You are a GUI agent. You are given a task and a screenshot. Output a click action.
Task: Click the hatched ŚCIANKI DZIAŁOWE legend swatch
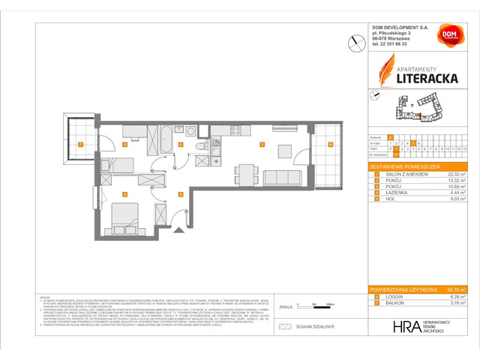[284, 327]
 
